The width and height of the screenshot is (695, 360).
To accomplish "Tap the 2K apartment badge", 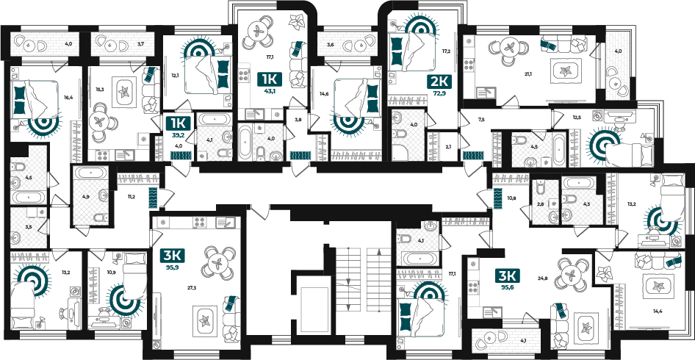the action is (439, 82).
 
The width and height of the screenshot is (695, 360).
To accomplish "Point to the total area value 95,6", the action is (508, 287).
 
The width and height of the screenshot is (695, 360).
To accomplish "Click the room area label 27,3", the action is (192, 287).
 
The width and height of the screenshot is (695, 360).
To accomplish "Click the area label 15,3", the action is (100, 90).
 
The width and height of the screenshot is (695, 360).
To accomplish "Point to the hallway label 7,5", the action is (482, 119).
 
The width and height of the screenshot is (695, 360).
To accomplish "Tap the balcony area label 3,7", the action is (140, 43).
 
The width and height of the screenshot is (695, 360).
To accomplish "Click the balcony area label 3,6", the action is (330, 44).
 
